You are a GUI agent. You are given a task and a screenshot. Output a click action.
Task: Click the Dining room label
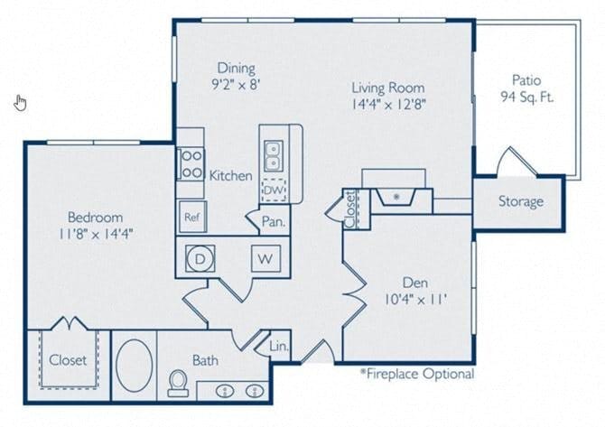tap(237, 68)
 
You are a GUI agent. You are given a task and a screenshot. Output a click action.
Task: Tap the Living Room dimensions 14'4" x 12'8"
tap(388, 104)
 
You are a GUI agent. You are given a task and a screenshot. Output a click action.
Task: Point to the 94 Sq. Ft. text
tap(527, 97)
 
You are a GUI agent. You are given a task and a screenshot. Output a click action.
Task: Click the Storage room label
tap(521, 201)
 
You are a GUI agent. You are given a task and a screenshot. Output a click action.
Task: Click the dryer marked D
tap(201, 257)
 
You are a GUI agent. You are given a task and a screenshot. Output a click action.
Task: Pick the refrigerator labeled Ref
tap(191, 217)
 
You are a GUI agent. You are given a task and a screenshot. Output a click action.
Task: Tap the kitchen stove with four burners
tap(191, 162)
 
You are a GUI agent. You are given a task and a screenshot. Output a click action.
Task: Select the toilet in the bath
tap(178, 382)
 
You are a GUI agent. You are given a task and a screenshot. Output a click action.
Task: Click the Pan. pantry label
tap(273, 221)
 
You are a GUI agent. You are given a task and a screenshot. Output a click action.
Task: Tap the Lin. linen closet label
tap(280, 345)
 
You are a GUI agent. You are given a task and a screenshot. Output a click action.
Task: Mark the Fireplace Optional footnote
tap(416, 373)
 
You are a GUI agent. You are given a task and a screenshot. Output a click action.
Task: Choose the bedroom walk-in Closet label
tap(68, 359)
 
